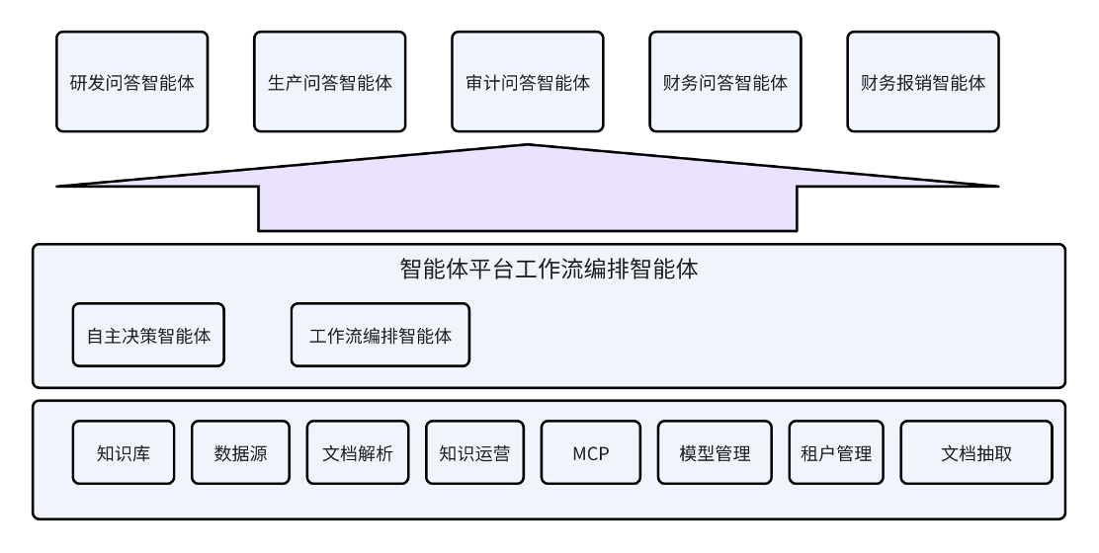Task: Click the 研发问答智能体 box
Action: point(132,82)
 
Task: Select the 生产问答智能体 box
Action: point(330,82)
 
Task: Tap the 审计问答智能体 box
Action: point(528,82)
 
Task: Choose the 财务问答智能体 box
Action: point(725,82)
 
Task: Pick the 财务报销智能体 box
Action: point(923,82)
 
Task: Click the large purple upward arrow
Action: point(528,197)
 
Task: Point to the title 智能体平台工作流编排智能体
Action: point(549,269)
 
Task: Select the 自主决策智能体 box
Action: point(148,335)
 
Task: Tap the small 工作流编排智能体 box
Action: point(380,335)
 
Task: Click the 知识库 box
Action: point(124,453)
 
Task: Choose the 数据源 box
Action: point(240,453)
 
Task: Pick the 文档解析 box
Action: point(358,453)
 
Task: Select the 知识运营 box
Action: point(474,453)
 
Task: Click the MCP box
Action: point(591,453)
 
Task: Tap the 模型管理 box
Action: point(716,453)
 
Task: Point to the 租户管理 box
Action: point(836,453)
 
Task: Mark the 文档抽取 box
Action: point(976,453)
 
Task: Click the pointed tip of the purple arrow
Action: point(528,147)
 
